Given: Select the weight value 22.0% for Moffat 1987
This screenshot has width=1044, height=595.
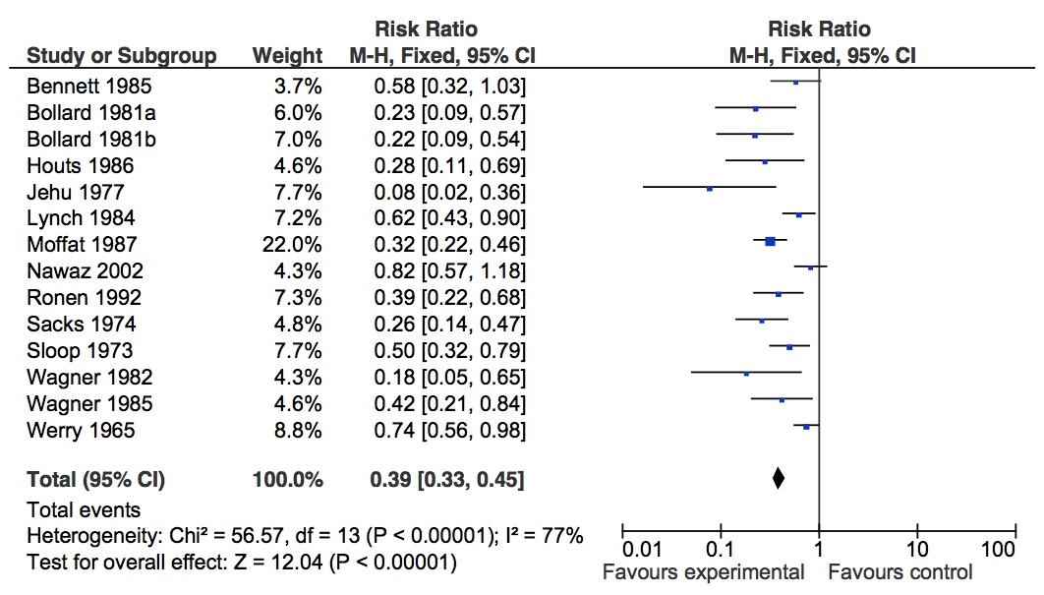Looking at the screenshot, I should (294, 244).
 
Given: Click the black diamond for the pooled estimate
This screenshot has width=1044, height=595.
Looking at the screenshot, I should (779, 479).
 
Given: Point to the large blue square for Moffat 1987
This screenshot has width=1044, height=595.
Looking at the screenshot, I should (771, 241).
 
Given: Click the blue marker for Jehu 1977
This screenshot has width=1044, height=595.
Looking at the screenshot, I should (710, 188).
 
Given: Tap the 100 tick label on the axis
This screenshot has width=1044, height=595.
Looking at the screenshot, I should (999, 550).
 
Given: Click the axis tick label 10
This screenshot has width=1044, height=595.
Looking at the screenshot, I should (916, 550).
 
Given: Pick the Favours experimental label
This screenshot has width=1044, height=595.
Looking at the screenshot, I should (703, 572).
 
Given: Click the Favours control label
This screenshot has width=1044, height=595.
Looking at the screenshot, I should (900, 572).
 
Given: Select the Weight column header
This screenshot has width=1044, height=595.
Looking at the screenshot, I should (287, 56).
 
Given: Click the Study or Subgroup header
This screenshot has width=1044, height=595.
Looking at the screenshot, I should (122, 56).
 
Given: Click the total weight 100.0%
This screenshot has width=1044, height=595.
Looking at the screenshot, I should (288, 480).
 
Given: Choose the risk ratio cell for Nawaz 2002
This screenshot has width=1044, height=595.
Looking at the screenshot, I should (449, 270).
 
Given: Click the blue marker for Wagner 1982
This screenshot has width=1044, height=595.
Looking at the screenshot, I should (746, 374).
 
